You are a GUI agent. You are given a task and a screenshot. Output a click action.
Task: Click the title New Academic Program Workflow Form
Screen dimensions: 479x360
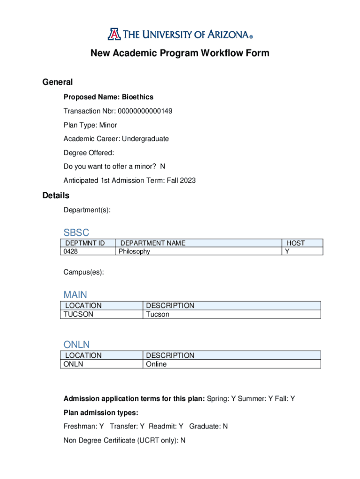click(180, 53)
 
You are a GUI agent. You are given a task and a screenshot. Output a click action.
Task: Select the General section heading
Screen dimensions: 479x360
click(58, 82)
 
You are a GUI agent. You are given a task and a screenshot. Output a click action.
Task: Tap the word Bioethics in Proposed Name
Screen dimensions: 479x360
click(137, 97)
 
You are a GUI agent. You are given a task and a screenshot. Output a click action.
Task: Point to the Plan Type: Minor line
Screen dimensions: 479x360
click(90, 125)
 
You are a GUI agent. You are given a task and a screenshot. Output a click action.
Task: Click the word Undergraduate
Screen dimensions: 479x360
click(145, 139)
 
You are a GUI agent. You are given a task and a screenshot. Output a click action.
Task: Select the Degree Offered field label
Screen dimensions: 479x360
click(89, 153)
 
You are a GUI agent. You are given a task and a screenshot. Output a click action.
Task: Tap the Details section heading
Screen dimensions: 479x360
click(56, 196)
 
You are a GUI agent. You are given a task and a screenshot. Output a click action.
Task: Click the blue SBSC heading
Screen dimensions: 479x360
click(76, 232)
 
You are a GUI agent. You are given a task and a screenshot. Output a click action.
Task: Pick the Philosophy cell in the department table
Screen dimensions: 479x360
click(135, 252)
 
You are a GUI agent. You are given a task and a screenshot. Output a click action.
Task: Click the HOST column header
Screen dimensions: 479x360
click(295, 243)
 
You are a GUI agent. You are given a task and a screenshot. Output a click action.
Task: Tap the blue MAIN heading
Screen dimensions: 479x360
click(75, 295)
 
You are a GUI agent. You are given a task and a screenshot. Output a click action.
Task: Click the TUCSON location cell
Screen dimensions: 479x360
click(79, 314)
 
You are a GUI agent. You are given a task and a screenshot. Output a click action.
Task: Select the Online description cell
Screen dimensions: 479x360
click(156, 364)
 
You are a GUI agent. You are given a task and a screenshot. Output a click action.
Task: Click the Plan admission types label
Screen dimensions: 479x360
click(101, 413)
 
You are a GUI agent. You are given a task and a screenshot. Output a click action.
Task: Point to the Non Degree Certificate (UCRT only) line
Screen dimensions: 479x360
click(124, 440)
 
